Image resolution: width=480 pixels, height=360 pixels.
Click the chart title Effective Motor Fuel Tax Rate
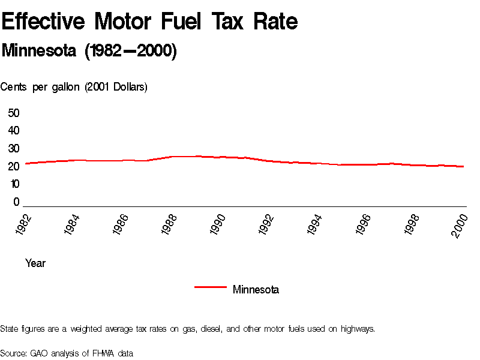149,22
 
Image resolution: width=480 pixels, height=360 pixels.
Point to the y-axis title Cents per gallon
74,87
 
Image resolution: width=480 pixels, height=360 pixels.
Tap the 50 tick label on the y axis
14,113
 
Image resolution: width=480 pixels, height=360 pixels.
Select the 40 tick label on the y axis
14,131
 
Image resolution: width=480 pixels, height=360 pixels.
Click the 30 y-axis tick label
14,149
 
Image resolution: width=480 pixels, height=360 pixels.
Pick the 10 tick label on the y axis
14,184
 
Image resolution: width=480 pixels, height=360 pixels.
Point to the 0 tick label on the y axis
17,202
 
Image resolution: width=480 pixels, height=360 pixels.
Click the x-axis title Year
35,263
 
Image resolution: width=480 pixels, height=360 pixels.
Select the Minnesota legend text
256,290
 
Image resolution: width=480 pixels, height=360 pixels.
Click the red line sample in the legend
210,287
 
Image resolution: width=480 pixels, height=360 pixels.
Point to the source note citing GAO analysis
67,353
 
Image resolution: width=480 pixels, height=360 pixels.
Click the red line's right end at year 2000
463,166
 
